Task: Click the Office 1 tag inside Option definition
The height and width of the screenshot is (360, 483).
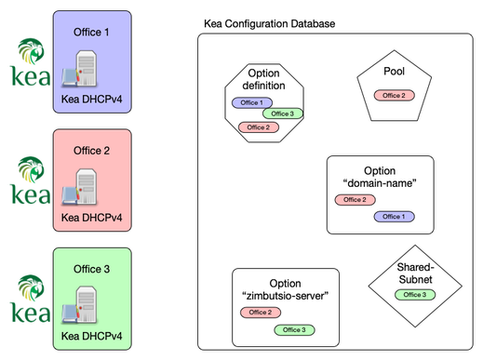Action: pos(250,102)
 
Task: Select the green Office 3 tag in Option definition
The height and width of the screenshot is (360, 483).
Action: pos(284,114)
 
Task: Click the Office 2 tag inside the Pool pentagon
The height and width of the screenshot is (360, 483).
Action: pos(394,95)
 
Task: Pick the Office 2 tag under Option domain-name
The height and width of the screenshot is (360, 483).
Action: pos(355,199)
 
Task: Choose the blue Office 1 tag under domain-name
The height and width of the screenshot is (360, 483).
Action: pos(394,216)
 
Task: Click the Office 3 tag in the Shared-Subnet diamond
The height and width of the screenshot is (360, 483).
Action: pos(410,294)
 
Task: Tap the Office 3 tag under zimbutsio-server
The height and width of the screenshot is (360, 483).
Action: pos(294,329)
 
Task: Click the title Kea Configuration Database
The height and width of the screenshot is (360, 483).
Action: pos(270,22)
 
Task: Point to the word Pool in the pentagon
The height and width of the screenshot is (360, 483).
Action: pos(394,73)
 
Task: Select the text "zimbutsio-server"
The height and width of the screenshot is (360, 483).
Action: pos(285,296)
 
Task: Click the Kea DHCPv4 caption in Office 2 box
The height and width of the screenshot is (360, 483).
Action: pos(92,220)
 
